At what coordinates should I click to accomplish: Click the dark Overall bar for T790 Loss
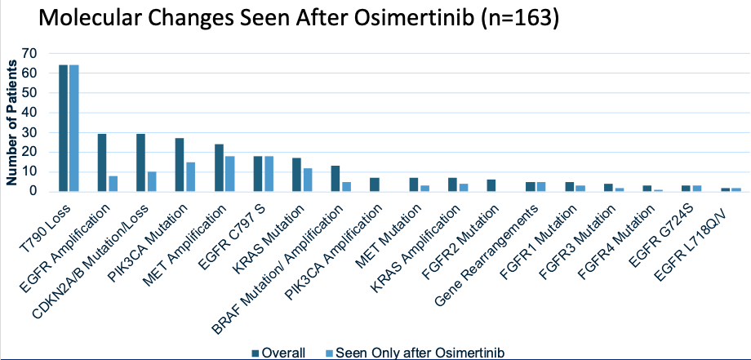pos(63,128)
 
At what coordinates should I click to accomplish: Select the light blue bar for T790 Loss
pos(73,128)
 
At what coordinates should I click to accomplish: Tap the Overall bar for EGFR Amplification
pos(102,162)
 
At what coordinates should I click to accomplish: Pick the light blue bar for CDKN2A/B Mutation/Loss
pos(151,181)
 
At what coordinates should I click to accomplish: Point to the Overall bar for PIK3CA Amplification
pos(374,184)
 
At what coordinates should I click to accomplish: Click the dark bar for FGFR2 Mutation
pos(491,185)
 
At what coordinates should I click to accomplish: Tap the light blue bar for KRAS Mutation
pos(307,180)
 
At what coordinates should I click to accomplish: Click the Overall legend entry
pos(278,353)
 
